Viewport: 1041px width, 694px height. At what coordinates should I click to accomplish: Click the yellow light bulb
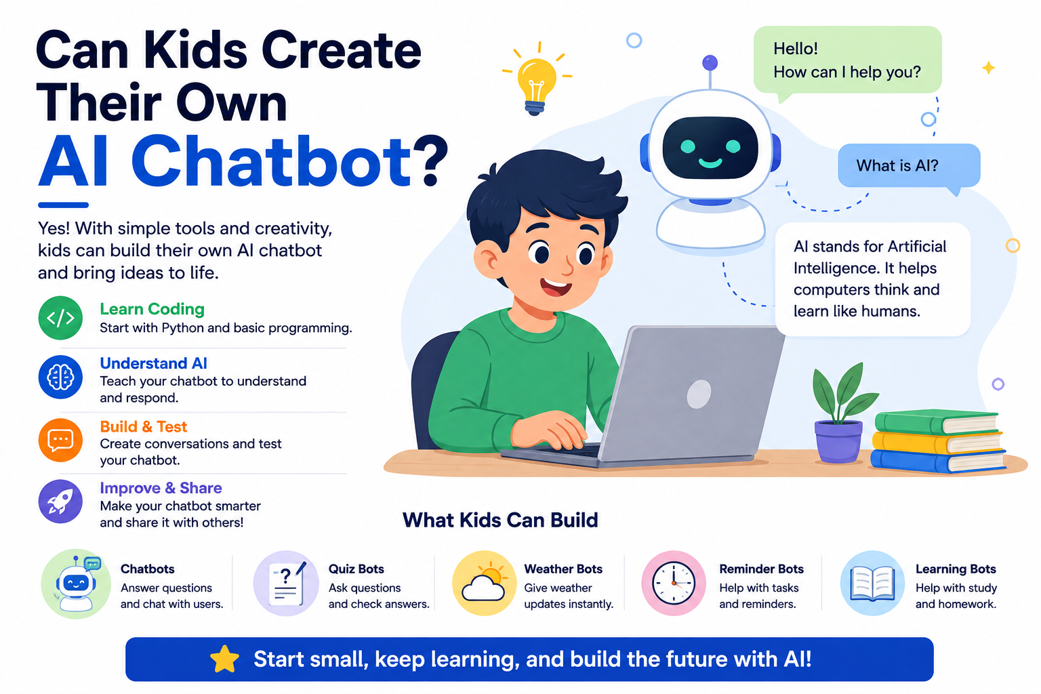[x=537, y=83]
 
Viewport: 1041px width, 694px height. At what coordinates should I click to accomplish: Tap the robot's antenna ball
[x=710, y=63]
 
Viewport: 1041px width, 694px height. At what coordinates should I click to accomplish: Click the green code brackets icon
[x=60, y=318]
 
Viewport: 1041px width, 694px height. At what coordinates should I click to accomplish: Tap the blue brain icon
[x=60, y=377]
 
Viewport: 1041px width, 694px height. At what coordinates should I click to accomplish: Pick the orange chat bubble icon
[x=60, y=440]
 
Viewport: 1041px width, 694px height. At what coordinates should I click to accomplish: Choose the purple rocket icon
[x=60, y=502]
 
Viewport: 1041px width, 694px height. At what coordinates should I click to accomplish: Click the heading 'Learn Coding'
[x=152, y=309]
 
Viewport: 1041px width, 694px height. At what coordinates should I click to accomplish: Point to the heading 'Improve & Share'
[x=161, y=488]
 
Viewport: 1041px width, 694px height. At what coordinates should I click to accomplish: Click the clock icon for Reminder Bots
[x=674, y=583]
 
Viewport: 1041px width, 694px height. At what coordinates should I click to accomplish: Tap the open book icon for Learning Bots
[x=872, y=583]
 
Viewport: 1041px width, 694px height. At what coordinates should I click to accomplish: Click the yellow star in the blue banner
[x=224, y=659]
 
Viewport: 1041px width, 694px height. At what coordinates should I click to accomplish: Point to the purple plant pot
[x=838, y=441]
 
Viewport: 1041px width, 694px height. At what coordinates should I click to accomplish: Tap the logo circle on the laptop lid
[x=699, y=394]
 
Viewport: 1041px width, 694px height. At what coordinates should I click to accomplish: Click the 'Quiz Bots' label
[x=356, y=569]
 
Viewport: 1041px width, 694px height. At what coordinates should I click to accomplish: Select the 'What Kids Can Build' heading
[x=500, y=520]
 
